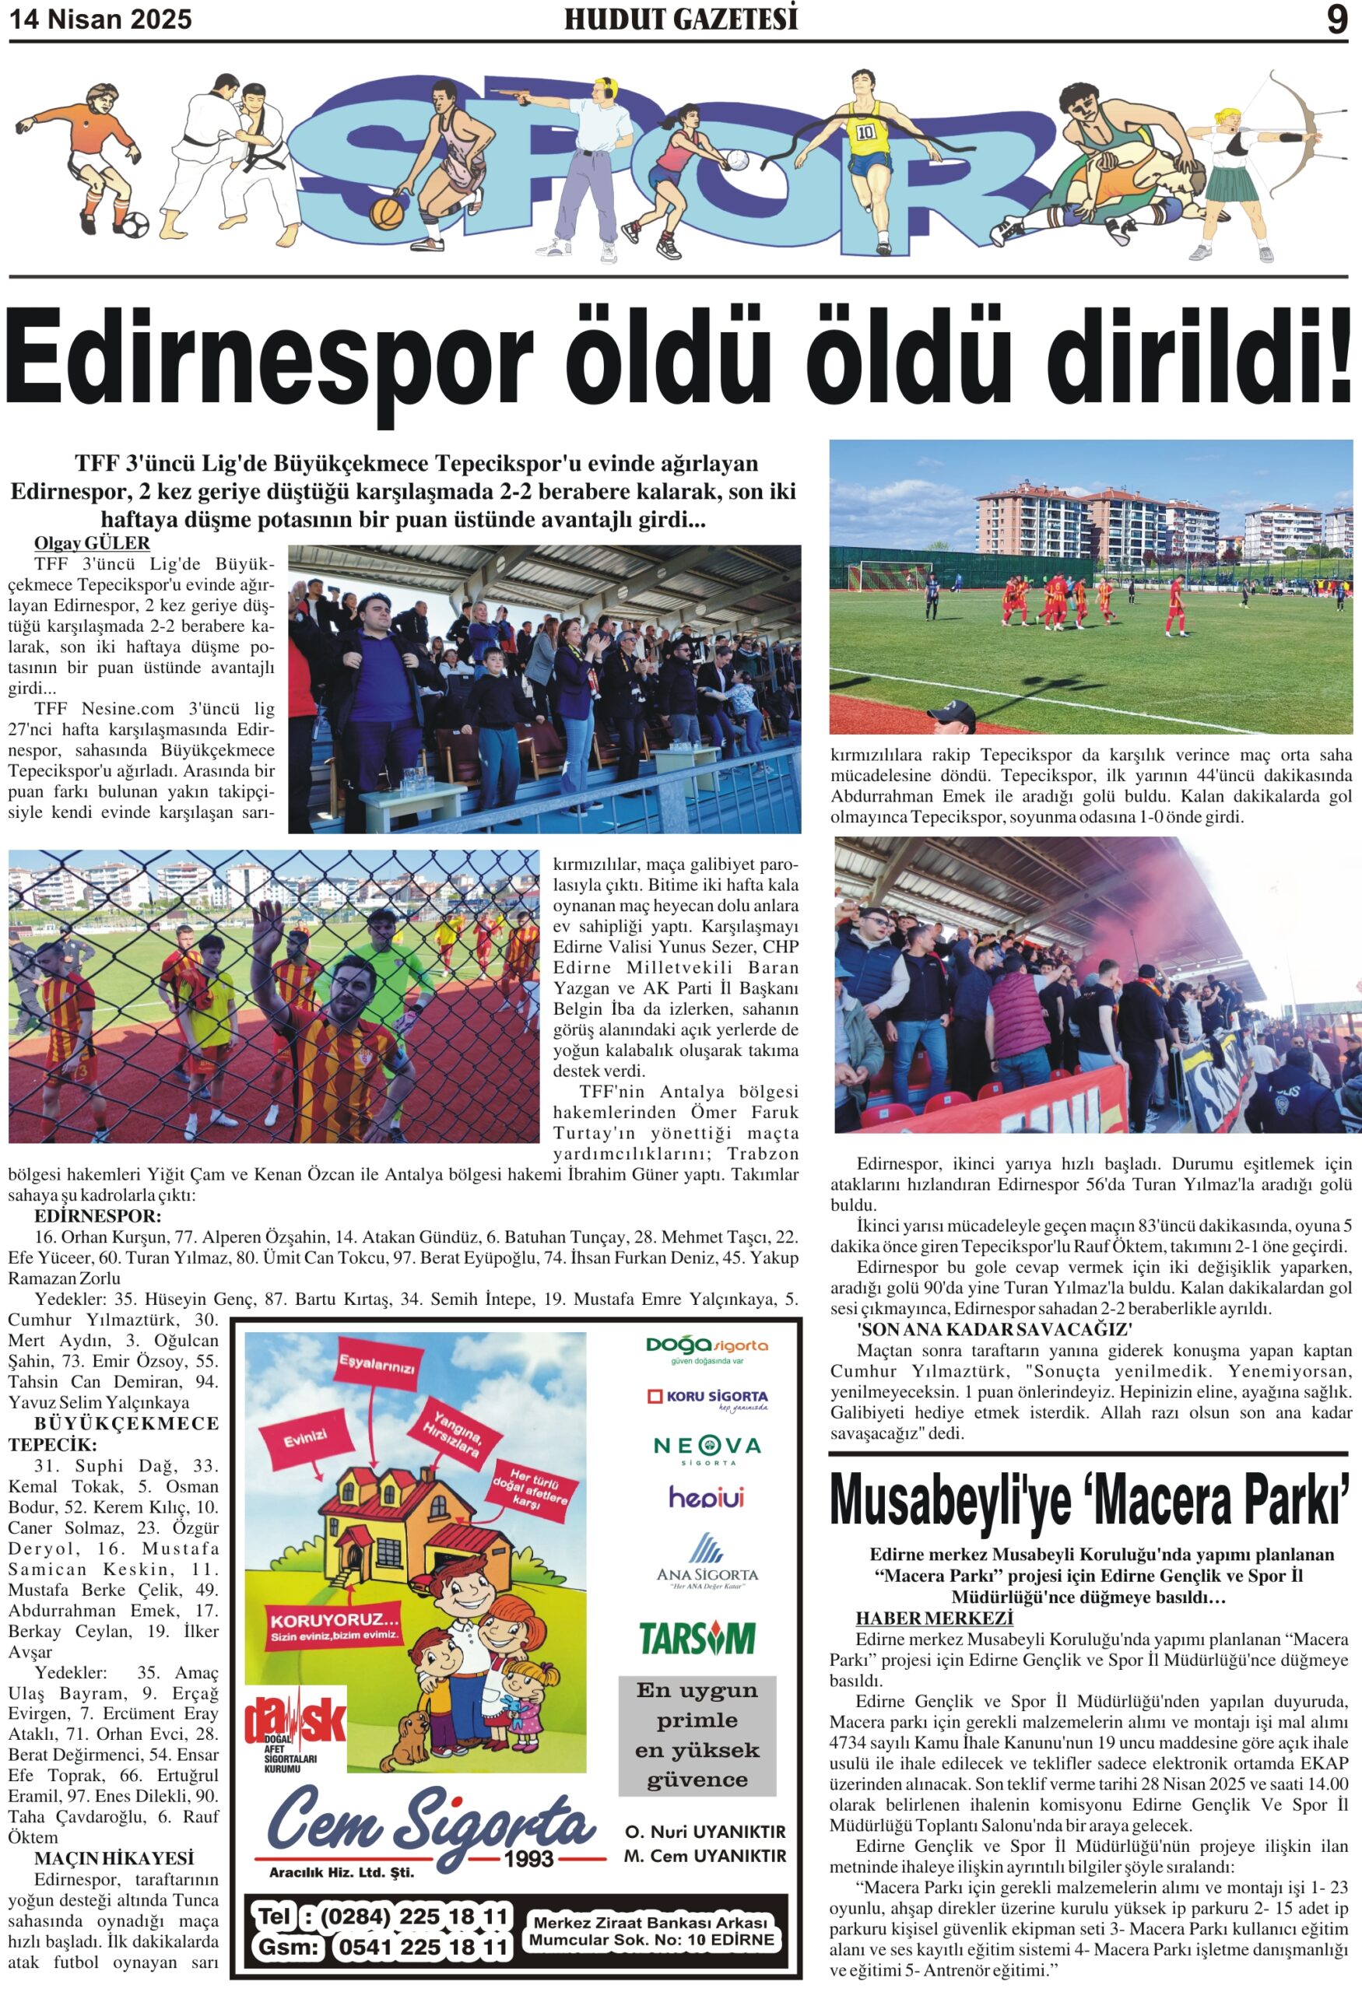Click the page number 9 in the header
pos(1336,19)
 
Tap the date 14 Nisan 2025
pos(101,19)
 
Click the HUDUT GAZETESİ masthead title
pos(680,19)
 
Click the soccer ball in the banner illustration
pos(135,226)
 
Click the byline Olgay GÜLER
pos(92,542)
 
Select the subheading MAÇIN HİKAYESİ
pos(114,1858)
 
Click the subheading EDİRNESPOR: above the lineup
pos(98,1216)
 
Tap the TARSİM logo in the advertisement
pos(697,1637)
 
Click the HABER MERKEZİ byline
pos(933,1618)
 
